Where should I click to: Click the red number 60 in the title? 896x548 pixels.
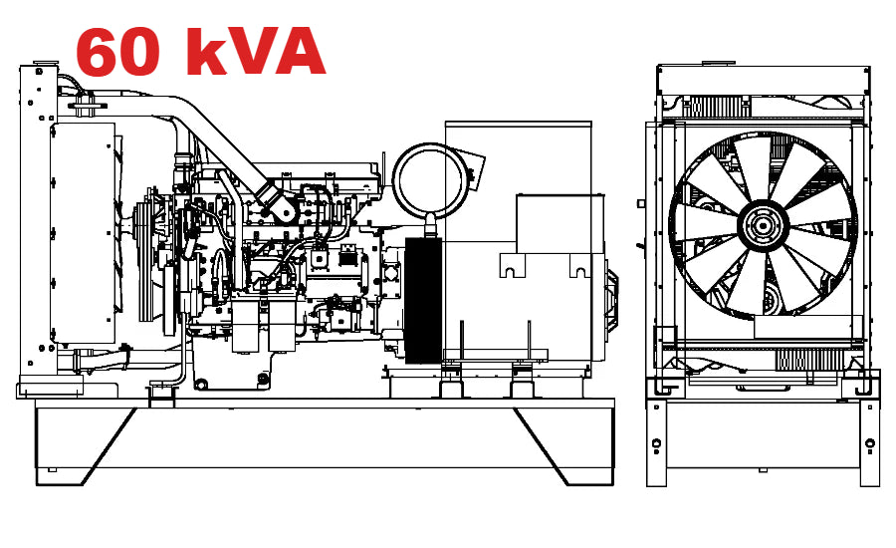coord(116,52)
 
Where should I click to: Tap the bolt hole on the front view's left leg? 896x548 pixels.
coord(658,442)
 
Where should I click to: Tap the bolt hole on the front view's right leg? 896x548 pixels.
coord(869,442)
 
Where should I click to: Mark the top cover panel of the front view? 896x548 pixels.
coord(765,79)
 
